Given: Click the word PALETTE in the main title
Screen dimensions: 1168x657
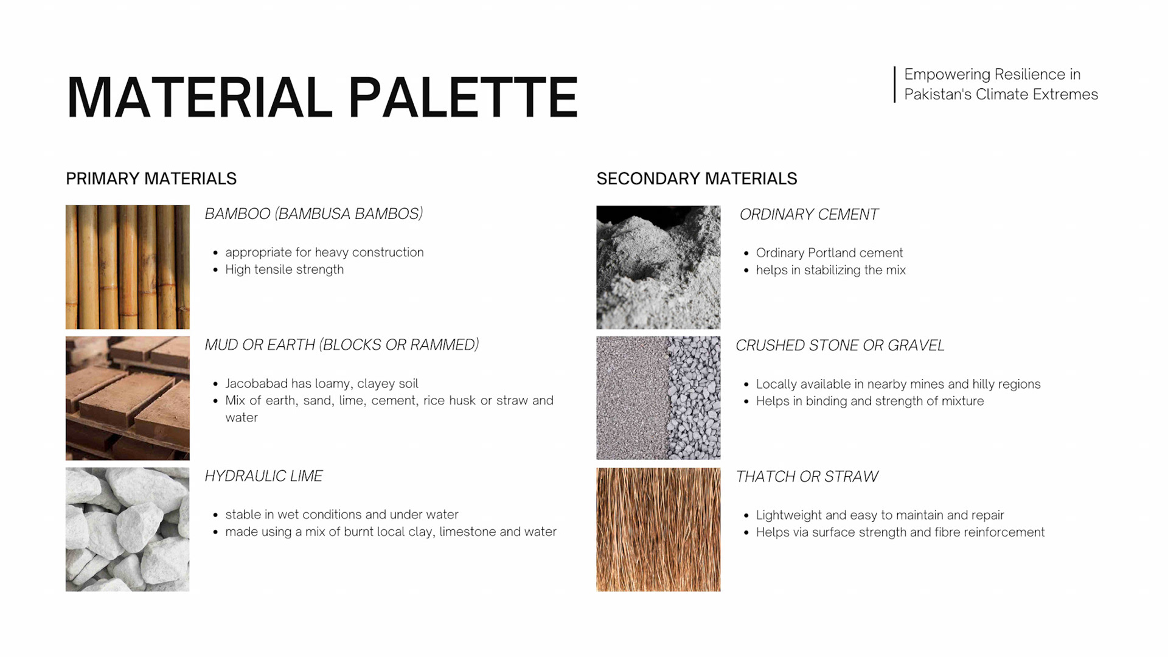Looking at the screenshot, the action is [463, 97].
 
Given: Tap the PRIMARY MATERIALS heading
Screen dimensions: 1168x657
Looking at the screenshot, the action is [151, 179].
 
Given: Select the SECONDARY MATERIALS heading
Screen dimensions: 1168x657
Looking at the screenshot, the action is [697, 179].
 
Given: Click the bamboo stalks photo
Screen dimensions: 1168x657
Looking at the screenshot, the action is [128, 267].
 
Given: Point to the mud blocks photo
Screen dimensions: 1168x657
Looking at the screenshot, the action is [128, 398].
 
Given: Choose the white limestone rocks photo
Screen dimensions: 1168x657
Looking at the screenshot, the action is [128, 529].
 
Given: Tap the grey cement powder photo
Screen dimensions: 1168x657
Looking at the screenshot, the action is [658, 267].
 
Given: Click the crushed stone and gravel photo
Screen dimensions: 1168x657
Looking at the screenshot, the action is [658, 398].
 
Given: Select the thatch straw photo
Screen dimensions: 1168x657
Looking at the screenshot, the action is [658, 529].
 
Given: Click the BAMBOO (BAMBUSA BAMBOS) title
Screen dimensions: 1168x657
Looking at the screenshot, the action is [314, 214].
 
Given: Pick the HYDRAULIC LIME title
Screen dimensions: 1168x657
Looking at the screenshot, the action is [263, 476].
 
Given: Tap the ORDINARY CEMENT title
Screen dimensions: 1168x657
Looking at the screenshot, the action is [809, 215].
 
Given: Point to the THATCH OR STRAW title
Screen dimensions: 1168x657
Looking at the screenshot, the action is [807, 477].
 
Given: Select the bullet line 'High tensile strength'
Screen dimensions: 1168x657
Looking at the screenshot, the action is [284, 269].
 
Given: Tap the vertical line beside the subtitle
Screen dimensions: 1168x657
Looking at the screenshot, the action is [895, 85].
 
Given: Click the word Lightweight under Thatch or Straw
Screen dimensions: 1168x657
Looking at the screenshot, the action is [789, 516].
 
